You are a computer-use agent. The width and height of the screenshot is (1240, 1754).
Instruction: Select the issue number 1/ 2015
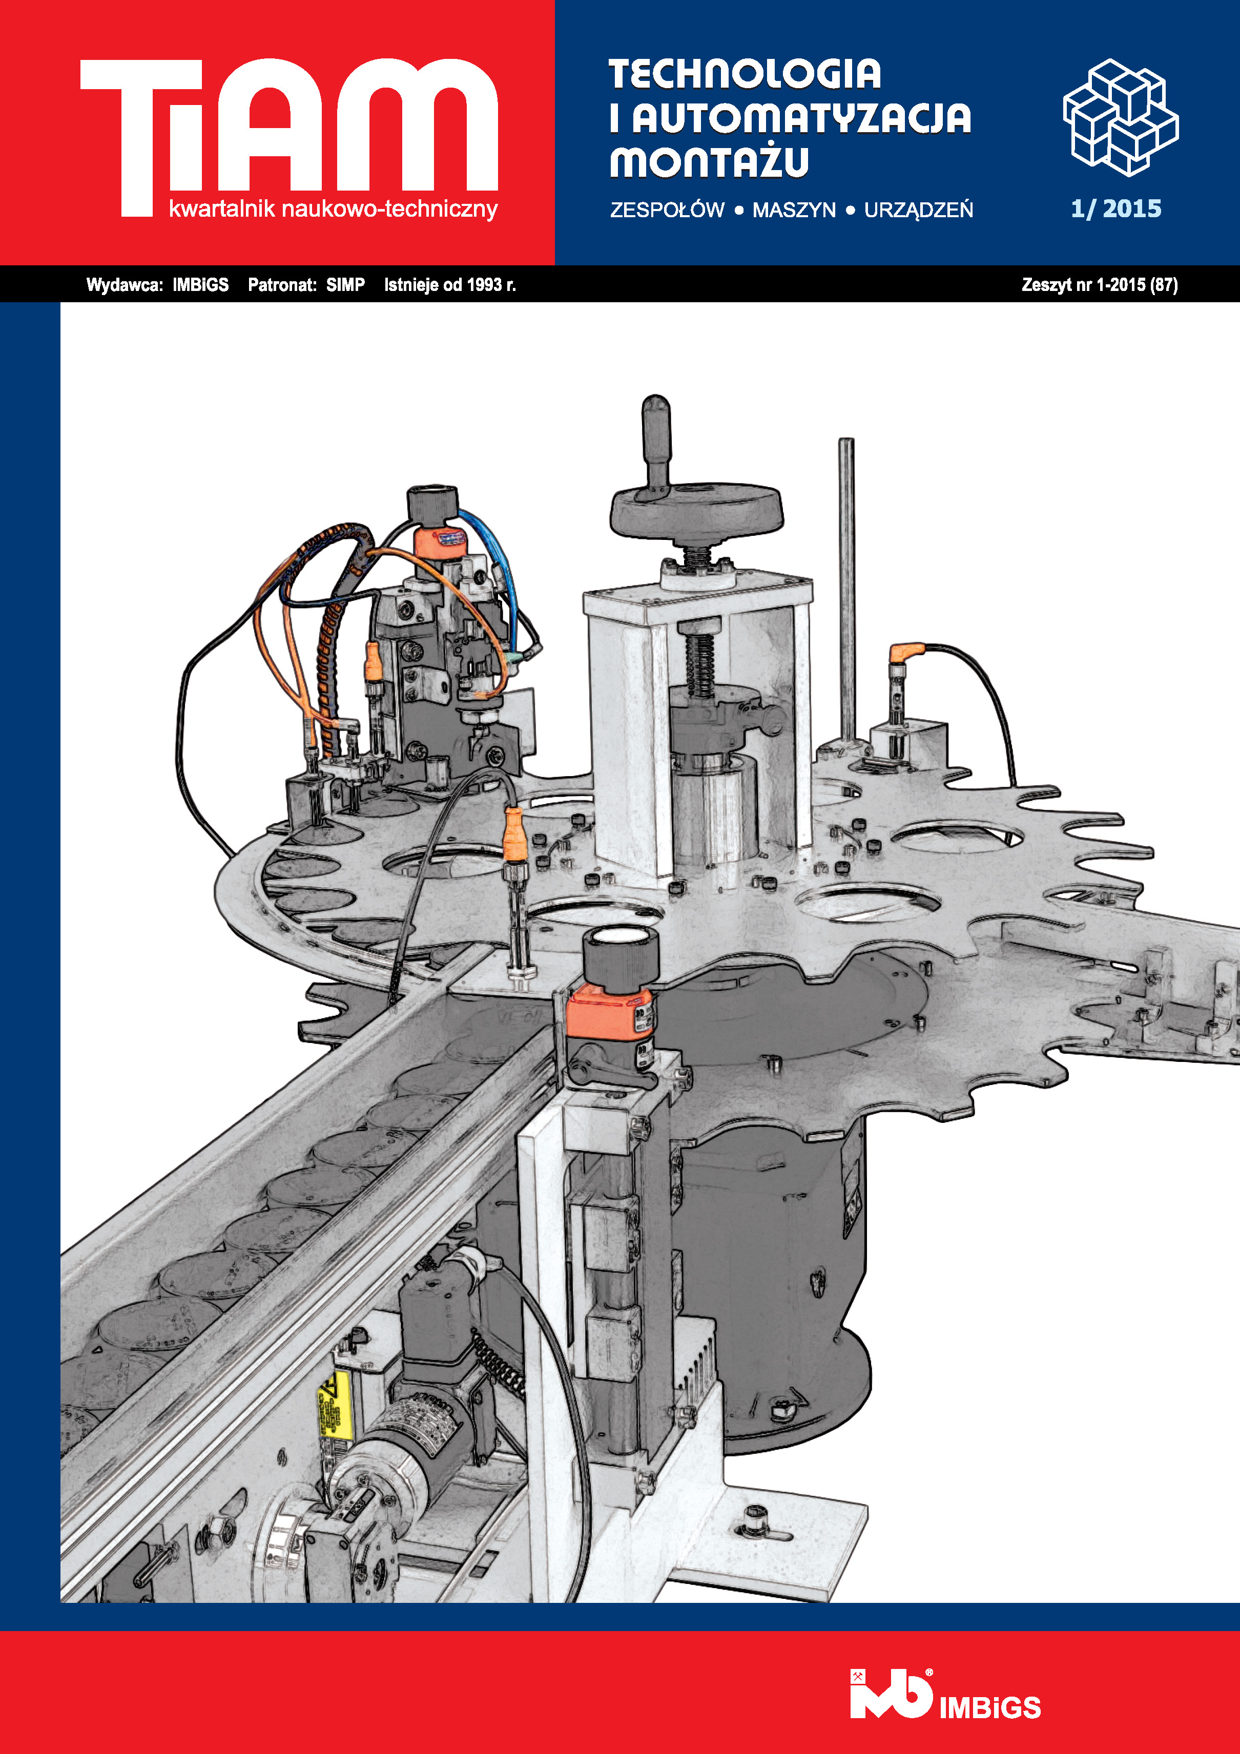tap(1115, 208)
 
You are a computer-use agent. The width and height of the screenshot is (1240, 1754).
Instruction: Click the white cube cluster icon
tap(1120, 117)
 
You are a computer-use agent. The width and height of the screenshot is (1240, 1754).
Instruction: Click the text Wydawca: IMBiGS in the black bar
tap(157, 285)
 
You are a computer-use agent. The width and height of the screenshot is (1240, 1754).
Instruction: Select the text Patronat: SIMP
tap(306, 285)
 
